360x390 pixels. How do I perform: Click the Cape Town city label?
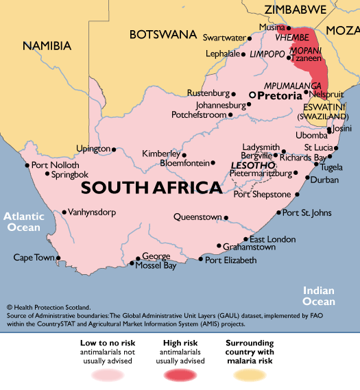pyautogui.click(x=34, y=258)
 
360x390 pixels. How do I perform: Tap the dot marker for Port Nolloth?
pyautogui.click(x=27, y=165)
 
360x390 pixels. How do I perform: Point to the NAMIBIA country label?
pyautogui.click(x=47, y=45)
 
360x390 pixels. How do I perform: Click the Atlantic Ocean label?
pyautogui.click(x=25, y=221)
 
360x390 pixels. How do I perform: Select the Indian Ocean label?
pyautogui.click(x=320, y=296)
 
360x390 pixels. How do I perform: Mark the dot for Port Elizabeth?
pyautogui.click(x=200, y=260)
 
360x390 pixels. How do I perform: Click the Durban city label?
pyautogui.click(x=324, y=180)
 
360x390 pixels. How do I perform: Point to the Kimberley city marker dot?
pyautogui.click(x=184, y=154)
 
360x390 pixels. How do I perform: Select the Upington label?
pyautogui.click(x=93, y=149)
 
